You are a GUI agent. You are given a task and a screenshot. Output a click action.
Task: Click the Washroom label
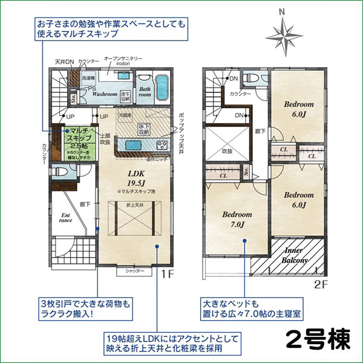105,94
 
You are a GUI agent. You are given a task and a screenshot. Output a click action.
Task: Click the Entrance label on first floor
66,217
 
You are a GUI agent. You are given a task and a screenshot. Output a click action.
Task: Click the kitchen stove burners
163,145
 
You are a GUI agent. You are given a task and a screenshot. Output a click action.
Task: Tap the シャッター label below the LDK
134,271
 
